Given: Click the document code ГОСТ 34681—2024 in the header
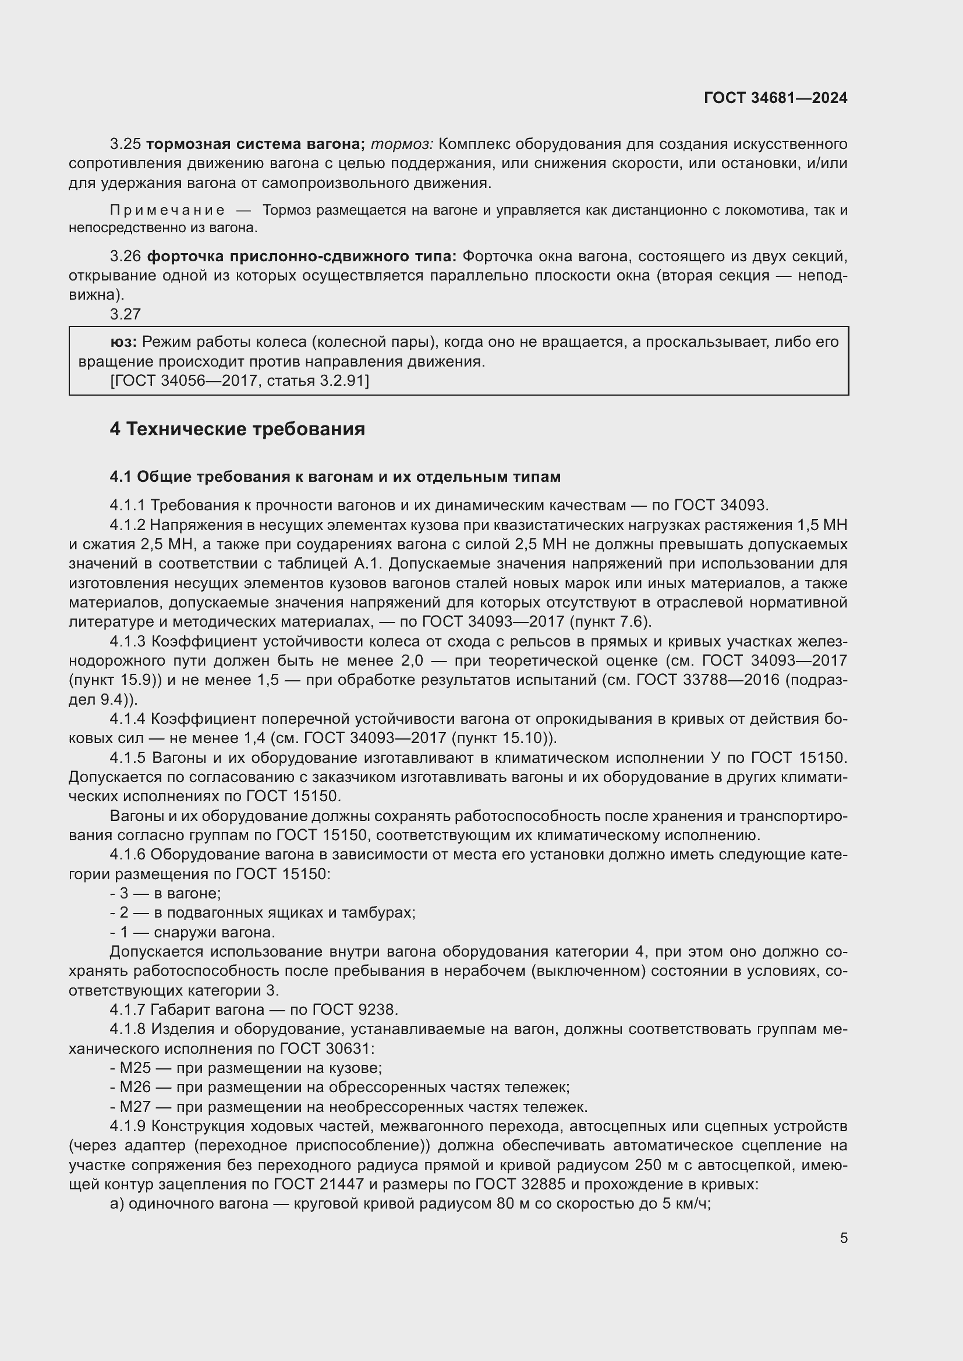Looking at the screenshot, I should click(x=776, y=98).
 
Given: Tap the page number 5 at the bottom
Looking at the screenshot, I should click(x=843, y=1238).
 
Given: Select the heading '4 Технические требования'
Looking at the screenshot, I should click(x=237, y=429).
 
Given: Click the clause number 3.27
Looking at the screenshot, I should click(x=125, y=314).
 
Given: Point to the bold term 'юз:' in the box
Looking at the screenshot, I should click(x=124, y=342).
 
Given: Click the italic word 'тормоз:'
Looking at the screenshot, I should click(x=402, y=144).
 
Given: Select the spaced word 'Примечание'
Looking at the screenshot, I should click(x=167, y=211).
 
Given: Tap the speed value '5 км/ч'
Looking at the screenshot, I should click(x=685, y=1204).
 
